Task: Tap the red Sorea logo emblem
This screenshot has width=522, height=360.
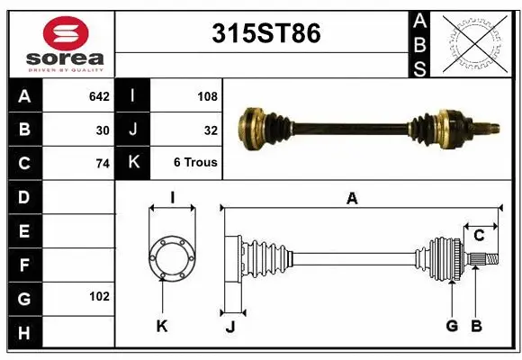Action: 66,34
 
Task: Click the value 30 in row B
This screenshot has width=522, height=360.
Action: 103,130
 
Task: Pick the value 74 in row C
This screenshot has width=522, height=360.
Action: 103,164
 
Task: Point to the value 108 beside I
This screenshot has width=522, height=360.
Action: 207,94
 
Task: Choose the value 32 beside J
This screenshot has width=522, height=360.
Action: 211,130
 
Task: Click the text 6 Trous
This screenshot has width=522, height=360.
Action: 195,163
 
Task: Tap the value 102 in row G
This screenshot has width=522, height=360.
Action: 99,296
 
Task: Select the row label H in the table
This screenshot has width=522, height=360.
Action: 23,333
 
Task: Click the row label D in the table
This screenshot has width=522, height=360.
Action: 23,196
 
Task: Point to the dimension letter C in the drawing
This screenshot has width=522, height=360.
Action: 479,236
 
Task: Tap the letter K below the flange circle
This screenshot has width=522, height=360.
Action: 162,326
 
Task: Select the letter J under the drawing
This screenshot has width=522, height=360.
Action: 230,326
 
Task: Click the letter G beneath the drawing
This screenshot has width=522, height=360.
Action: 452,326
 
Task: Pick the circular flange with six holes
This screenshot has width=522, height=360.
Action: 171,258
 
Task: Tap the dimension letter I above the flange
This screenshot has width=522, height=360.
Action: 171,198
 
